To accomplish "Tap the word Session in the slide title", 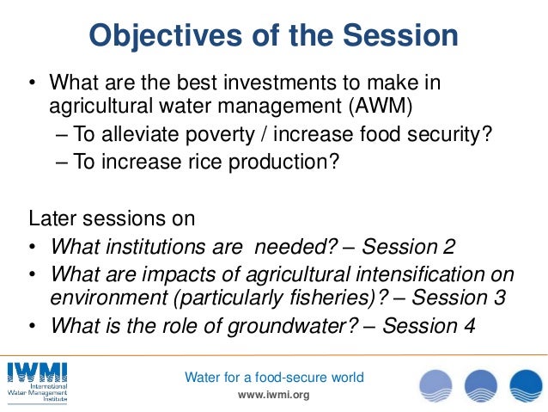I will pyautogui.click(x=397, y=35).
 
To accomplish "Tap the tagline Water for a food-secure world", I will pyautogui.click(x=275, y=377).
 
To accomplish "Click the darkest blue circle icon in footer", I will pyautogui.click(x=526, y=384).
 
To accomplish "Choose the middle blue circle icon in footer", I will pyautogui.click(x=481, y=384).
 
